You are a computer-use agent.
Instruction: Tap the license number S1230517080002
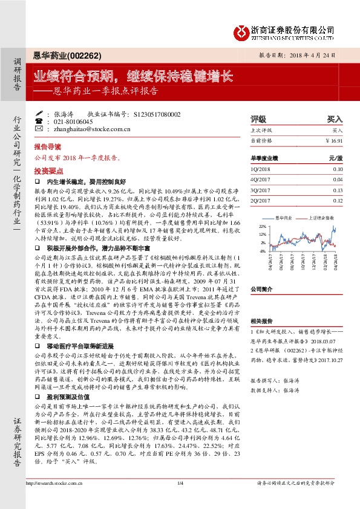click(159, 113)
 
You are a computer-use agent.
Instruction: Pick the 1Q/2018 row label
click(258, 169)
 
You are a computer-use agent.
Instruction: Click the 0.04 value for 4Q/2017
click(338, 180)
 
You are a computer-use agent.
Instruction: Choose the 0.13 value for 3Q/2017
click(338, 190)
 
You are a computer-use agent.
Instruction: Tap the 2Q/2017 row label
click(258, 200)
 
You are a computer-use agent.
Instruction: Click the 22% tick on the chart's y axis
click(262, 225)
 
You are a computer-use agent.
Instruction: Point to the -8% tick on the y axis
click(263, 251)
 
